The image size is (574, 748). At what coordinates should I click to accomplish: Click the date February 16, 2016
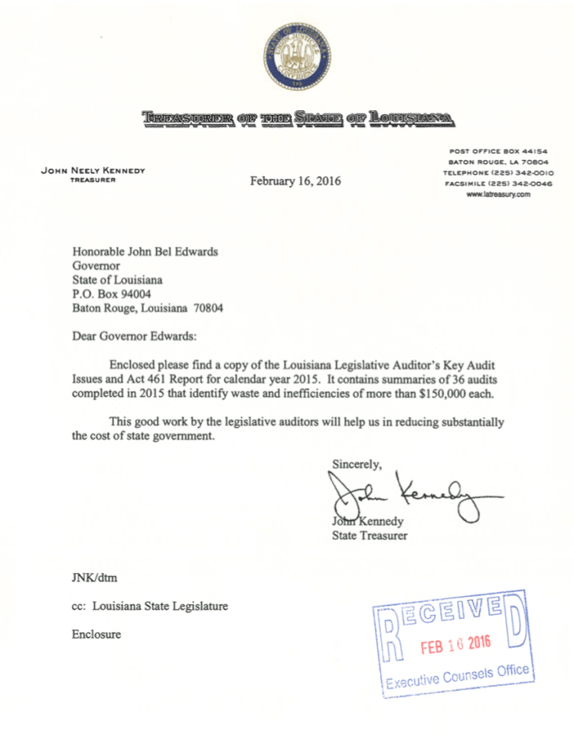tap(295, 181)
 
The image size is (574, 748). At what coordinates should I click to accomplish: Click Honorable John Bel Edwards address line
tap(145, 252)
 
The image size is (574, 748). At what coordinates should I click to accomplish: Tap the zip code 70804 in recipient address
tap(207, 309)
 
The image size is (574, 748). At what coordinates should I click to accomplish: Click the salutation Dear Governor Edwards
tap(134, 337)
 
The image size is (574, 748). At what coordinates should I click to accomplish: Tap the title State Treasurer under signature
tap(370, 535)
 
